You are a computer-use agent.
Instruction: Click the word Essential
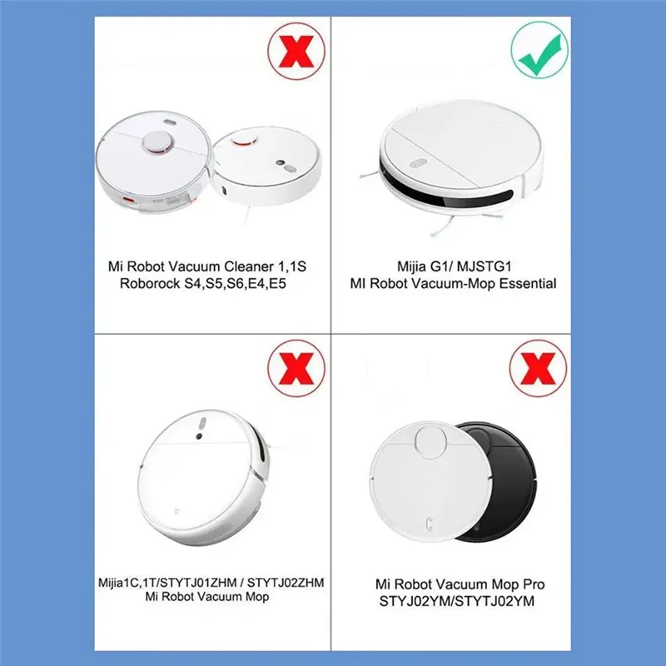[525, 284]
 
